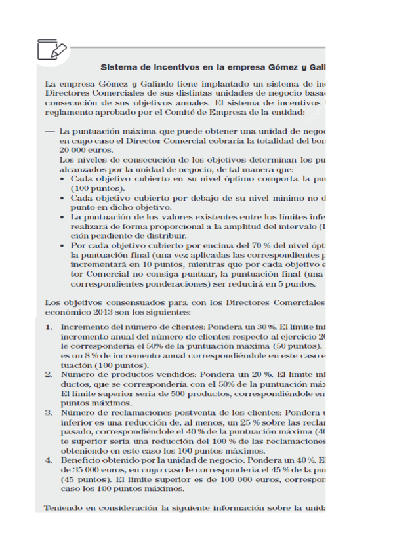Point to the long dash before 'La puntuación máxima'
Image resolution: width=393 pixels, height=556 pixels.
pyautogui.click(x=49, y=131)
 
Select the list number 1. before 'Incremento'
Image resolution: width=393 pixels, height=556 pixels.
pyautogui.click(x=49, y=326)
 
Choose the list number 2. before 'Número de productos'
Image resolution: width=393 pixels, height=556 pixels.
pyautogui.click(x=49, y=374)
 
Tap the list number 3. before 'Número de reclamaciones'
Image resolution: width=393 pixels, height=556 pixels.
pyautogui.click(x=49, y=413)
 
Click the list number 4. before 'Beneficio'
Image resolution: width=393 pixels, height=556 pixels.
pyautogui.click(x=49, y=460)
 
